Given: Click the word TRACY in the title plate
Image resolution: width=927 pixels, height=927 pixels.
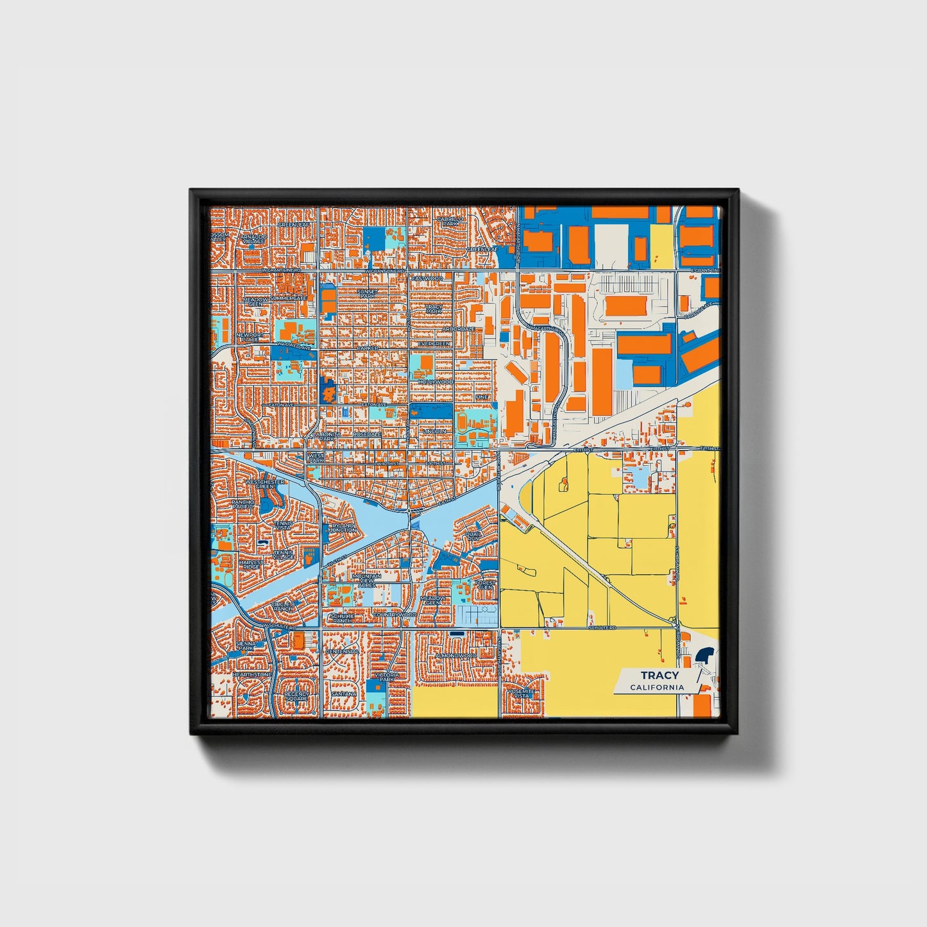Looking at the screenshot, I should point(659,675).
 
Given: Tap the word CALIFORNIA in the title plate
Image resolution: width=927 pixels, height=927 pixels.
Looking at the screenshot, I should point(656,687).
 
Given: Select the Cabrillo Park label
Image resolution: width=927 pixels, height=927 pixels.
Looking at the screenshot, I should point(450,221).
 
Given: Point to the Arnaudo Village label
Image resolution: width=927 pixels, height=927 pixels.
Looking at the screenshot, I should point(253,239).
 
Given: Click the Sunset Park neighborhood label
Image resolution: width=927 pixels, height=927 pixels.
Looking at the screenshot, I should point(368,293).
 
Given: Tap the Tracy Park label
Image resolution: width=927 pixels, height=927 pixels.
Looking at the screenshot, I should point(434,309).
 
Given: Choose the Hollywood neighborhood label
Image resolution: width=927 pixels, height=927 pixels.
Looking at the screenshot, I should point(436,382).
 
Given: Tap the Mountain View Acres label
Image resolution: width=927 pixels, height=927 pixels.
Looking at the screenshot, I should point(367,581).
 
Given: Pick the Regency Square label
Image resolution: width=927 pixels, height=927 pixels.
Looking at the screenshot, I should point(296,696).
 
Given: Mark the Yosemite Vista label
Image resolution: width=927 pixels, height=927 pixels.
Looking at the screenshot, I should point(519,694).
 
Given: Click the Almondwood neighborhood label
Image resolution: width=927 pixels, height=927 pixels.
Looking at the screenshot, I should point(455,656).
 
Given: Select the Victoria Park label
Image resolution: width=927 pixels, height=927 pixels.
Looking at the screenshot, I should point(387,677).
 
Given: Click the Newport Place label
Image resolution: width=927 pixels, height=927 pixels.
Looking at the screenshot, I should point(250,337).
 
